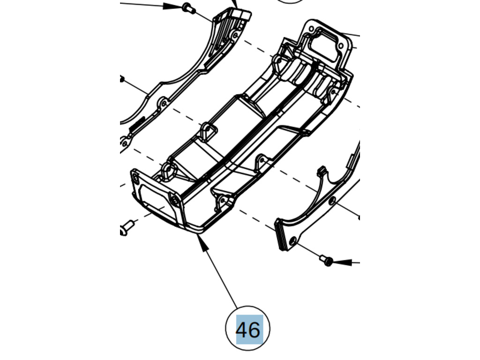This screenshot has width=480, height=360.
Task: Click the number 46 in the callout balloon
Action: (248, 330)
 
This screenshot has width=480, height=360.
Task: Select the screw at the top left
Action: (187, 7)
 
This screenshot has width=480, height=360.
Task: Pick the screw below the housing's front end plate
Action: (126, 228)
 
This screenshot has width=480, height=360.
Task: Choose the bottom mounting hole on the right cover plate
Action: (292, 240)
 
